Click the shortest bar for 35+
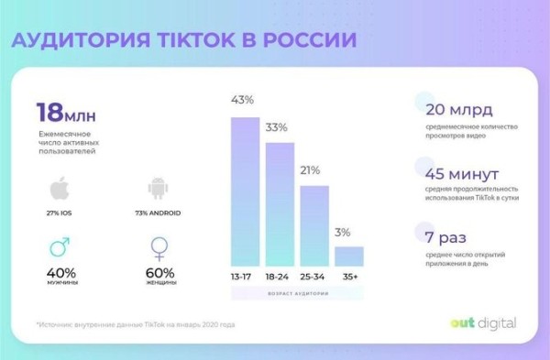click(348, 256)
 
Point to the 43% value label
click(244, 98)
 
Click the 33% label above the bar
click(279, 126)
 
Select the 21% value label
click(313, 170)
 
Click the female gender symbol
click(158, 249)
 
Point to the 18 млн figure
click(65, 113)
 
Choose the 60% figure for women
click(159, 273)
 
